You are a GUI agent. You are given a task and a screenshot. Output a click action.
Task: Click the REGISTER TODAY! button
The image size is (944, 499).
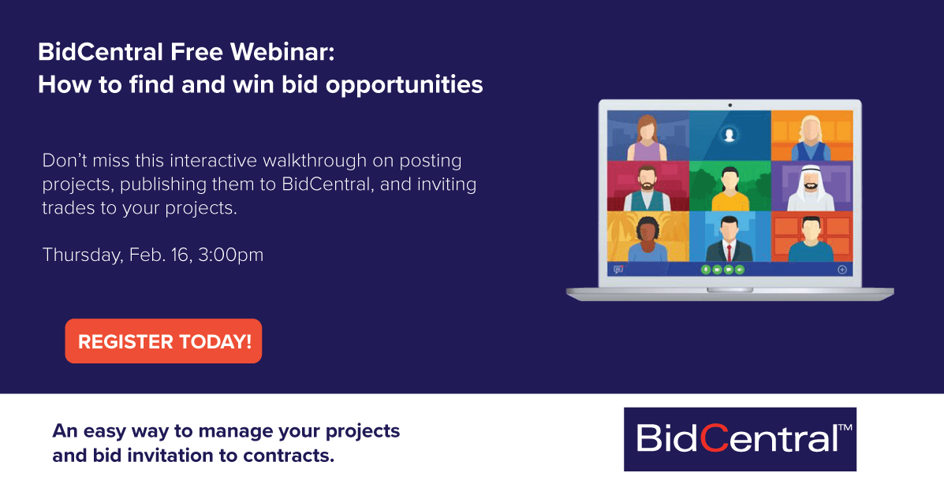point(163,341)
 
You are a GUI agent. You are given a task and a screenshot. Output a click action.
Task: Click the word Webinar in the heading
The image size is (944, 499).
point(282,52)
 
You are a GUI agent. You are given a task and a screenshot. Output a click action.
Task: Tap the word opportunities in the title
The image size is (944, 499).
point(404,85)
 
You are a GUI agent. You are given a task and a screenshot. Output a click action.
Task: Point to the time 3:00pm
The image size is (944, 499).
point(230,255)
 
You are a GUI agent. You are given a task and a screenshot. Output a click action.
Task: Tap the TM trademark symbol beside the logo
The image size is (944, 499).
point(845,427)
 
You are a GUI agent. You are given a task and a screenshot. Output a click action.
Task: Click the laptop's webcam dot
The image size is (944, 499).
point(729,106)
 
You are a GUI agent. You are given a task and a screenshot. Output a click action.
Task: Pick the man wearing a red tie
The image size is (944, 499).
point(729,238)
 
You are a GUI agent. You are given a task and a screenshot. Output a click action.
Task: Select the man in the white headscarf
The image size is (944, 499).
point(811,187)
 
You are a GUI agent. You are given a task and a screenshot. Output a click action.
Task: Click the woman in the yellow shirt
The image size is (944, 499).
point(729,188)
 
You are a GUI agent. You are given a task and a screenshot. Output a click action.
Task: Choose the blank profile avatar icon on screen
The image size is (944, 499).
point(729,135)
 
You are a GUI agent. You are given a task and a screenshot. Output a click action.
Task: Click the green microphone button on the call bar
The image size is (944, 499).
point(706,270)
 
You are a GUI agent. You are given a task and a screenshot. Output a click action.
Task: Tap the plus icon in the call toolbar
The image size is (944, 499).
point(842,270)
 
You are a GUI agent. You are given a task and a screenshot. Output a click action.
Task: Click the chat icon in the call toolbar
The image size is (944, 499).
point(618,270)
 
